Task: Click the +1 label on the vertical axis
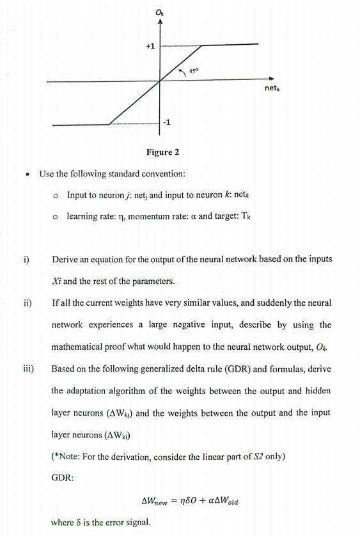coord(150,47)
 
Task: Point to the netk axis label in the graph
coord(272,88)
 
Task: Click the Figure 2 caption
coord(162,152)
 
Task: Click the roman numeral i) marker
coord(26,260)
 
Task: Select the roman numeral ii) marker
coord(28,303)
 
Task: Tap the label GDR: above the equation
coord(63,477)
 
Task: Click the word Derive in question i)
coord(65,260)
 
